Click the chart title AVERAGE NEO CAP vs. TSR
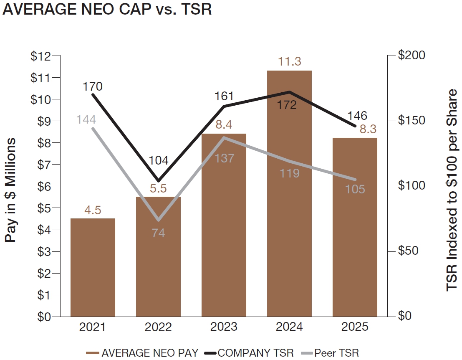107,10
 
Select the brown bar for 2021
93,267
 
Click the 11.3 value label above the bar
289,61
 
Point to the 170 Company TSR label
92,87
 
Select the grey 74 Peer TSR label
158,233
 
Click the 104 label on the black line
158,160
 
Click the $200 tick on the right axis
410,56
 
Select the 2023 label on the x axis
224,327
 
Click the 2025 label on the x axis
355,327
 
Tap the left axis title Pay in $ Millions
11,190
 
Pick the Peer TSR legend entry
330,353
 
